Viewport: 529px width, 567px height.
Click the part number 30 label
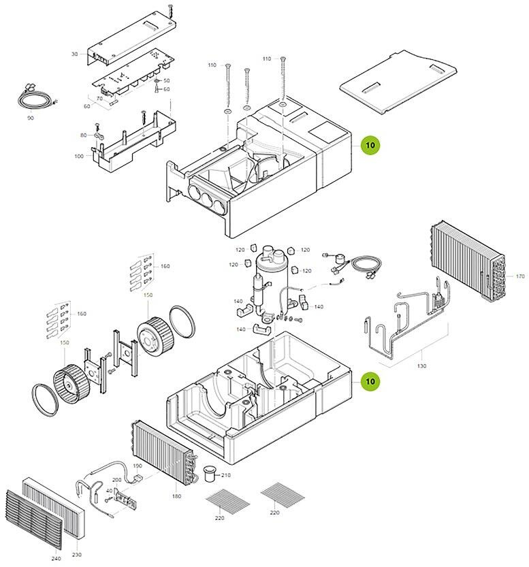75,53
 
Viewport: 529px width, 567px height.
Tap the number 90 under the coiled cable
31,118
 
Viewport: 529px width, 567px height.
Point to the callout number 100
79,157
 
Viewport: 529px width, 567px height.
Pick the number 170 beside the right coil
520,276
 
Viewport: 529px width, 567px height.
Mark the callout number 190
138,466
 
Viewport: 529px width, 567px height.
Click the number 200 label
116,480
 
